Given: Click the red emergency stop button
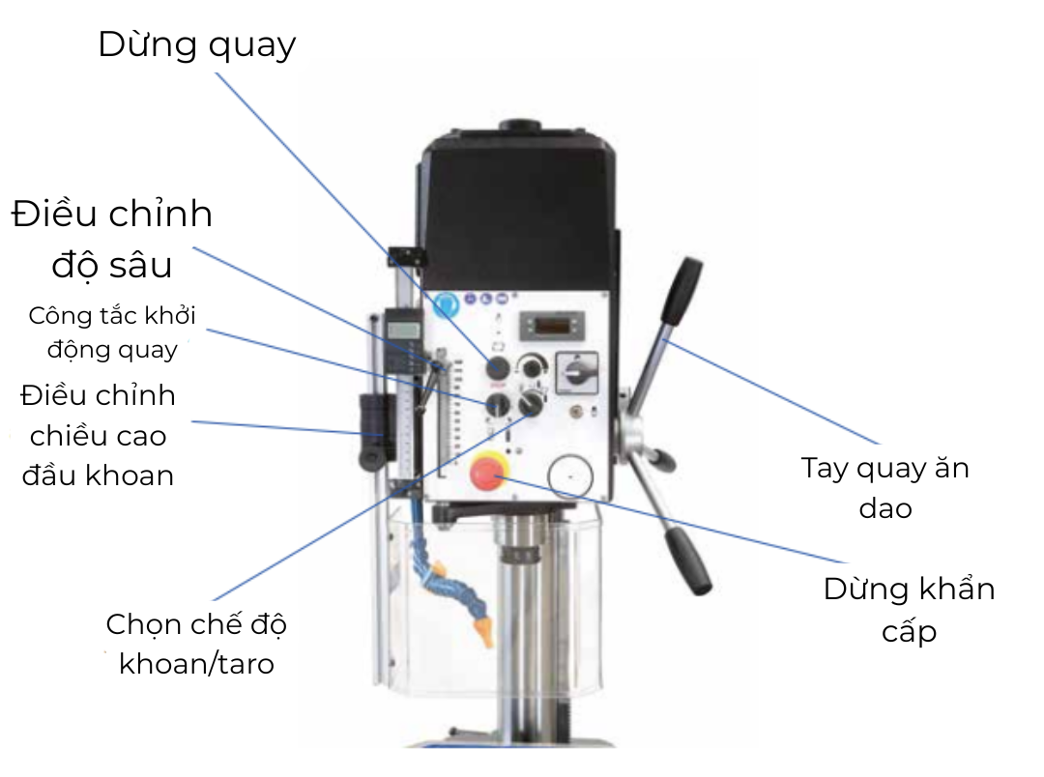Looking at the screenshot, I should pos(485,474).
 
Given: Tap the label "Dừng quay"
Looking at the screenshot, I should pos(197,44).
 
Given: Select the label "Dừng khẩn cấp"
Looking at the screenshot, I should pos(909,609).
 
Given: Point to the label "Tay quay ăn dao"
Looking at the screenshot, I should pos(884,487).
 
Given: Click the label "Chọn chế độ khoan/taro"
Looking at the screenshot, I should pos(196,643).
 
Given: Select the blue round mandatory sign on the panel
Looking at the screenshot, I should pos(447,306).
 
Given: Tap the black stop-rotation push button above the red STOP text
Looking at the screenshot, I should pos(498,367).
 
